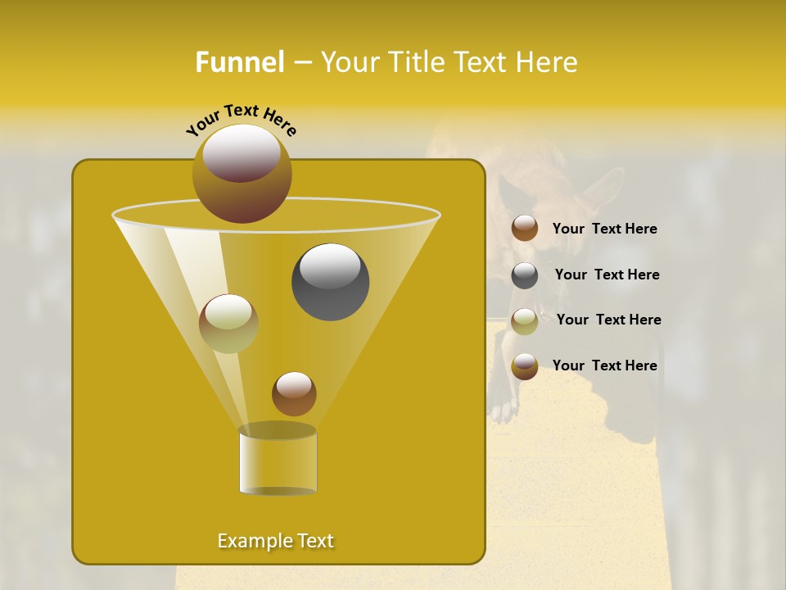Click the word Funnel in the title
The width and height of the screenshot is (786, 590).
click(239, 62)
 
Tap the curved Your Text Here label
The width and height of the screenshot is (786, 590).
click(242, 119)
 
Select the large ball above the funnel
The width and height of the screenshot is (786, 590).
click(242, 173)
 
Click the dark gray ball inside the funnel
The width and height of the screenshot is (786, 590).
click(330, 282)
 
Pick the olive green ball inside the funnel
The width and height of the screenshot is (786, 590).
click(228, 324)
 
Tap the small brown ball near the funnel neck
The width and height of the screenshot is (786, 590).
click(294, 394)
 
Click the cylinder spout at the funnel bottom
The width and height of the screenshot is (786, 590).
click(278, 461)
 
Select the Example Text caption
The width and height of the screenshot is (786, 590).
click(275, 541)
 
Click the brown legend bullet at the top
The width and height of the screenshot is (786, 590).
click(525, 229)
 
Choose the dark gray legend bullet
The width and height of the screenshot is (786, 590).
click(525, 275)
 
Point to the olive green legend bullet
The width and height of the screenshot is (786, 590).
click(525, 321)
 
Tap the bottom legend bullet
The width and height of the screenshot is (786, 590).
click(525, 366)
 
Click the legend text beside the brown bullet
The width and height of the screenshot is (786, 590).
click(604, 229)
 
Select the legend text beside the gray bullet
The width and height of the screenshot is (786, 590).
click(607, 275)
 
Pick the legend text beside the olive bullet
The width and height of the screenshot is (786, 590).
click(608, 320)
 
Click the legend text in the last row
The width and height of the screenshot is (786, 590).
click(604, 365)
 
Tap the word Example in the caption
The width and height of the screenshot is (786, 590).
click(250, 541)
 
